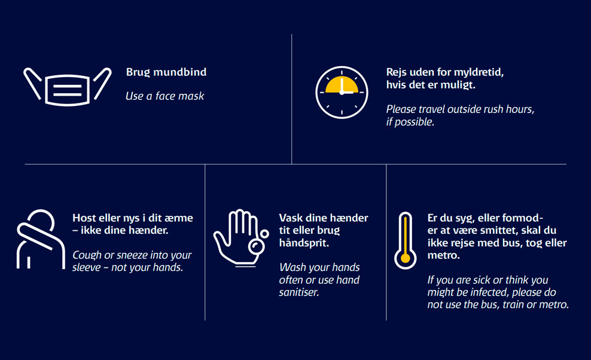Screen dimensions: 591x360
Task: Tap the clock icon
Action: (x=342, y=92)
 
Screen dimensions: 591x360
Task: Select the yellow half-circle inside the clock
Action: (x=342, y=85)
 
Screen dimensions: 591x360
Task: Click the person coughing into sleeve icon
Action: (x=41, y=239)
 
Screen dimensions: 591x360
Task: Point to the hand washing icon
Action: (x=241, y=238)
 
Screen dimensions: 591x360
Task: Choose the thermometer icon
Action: (x=405, y=240)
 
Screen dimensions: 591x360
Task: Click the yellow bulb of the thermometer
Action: (x=405, y=258)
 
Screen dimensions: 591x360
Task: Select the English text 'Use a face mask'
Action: (x=164, y=96)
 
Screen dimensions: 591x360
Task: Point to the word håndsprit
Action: (x=304, y=243)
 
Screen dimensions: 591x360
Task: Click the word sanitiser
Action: (x=299, y=292)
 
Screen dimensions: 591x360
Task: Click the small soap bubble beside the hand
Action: (x=264, y=234)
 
